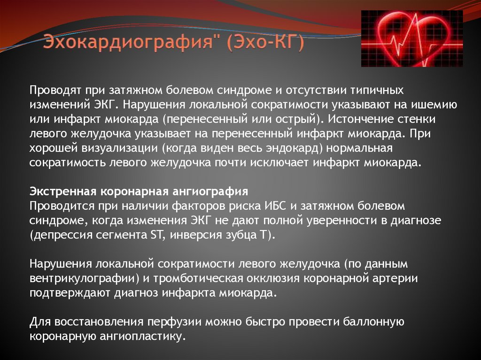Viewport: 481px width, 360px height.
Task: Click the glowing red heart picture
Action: pyautogui.click(x=411, y=38)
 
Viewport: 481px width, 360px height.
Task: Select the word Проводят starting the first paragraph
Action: pyautogui.click(x=54, y=89)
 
